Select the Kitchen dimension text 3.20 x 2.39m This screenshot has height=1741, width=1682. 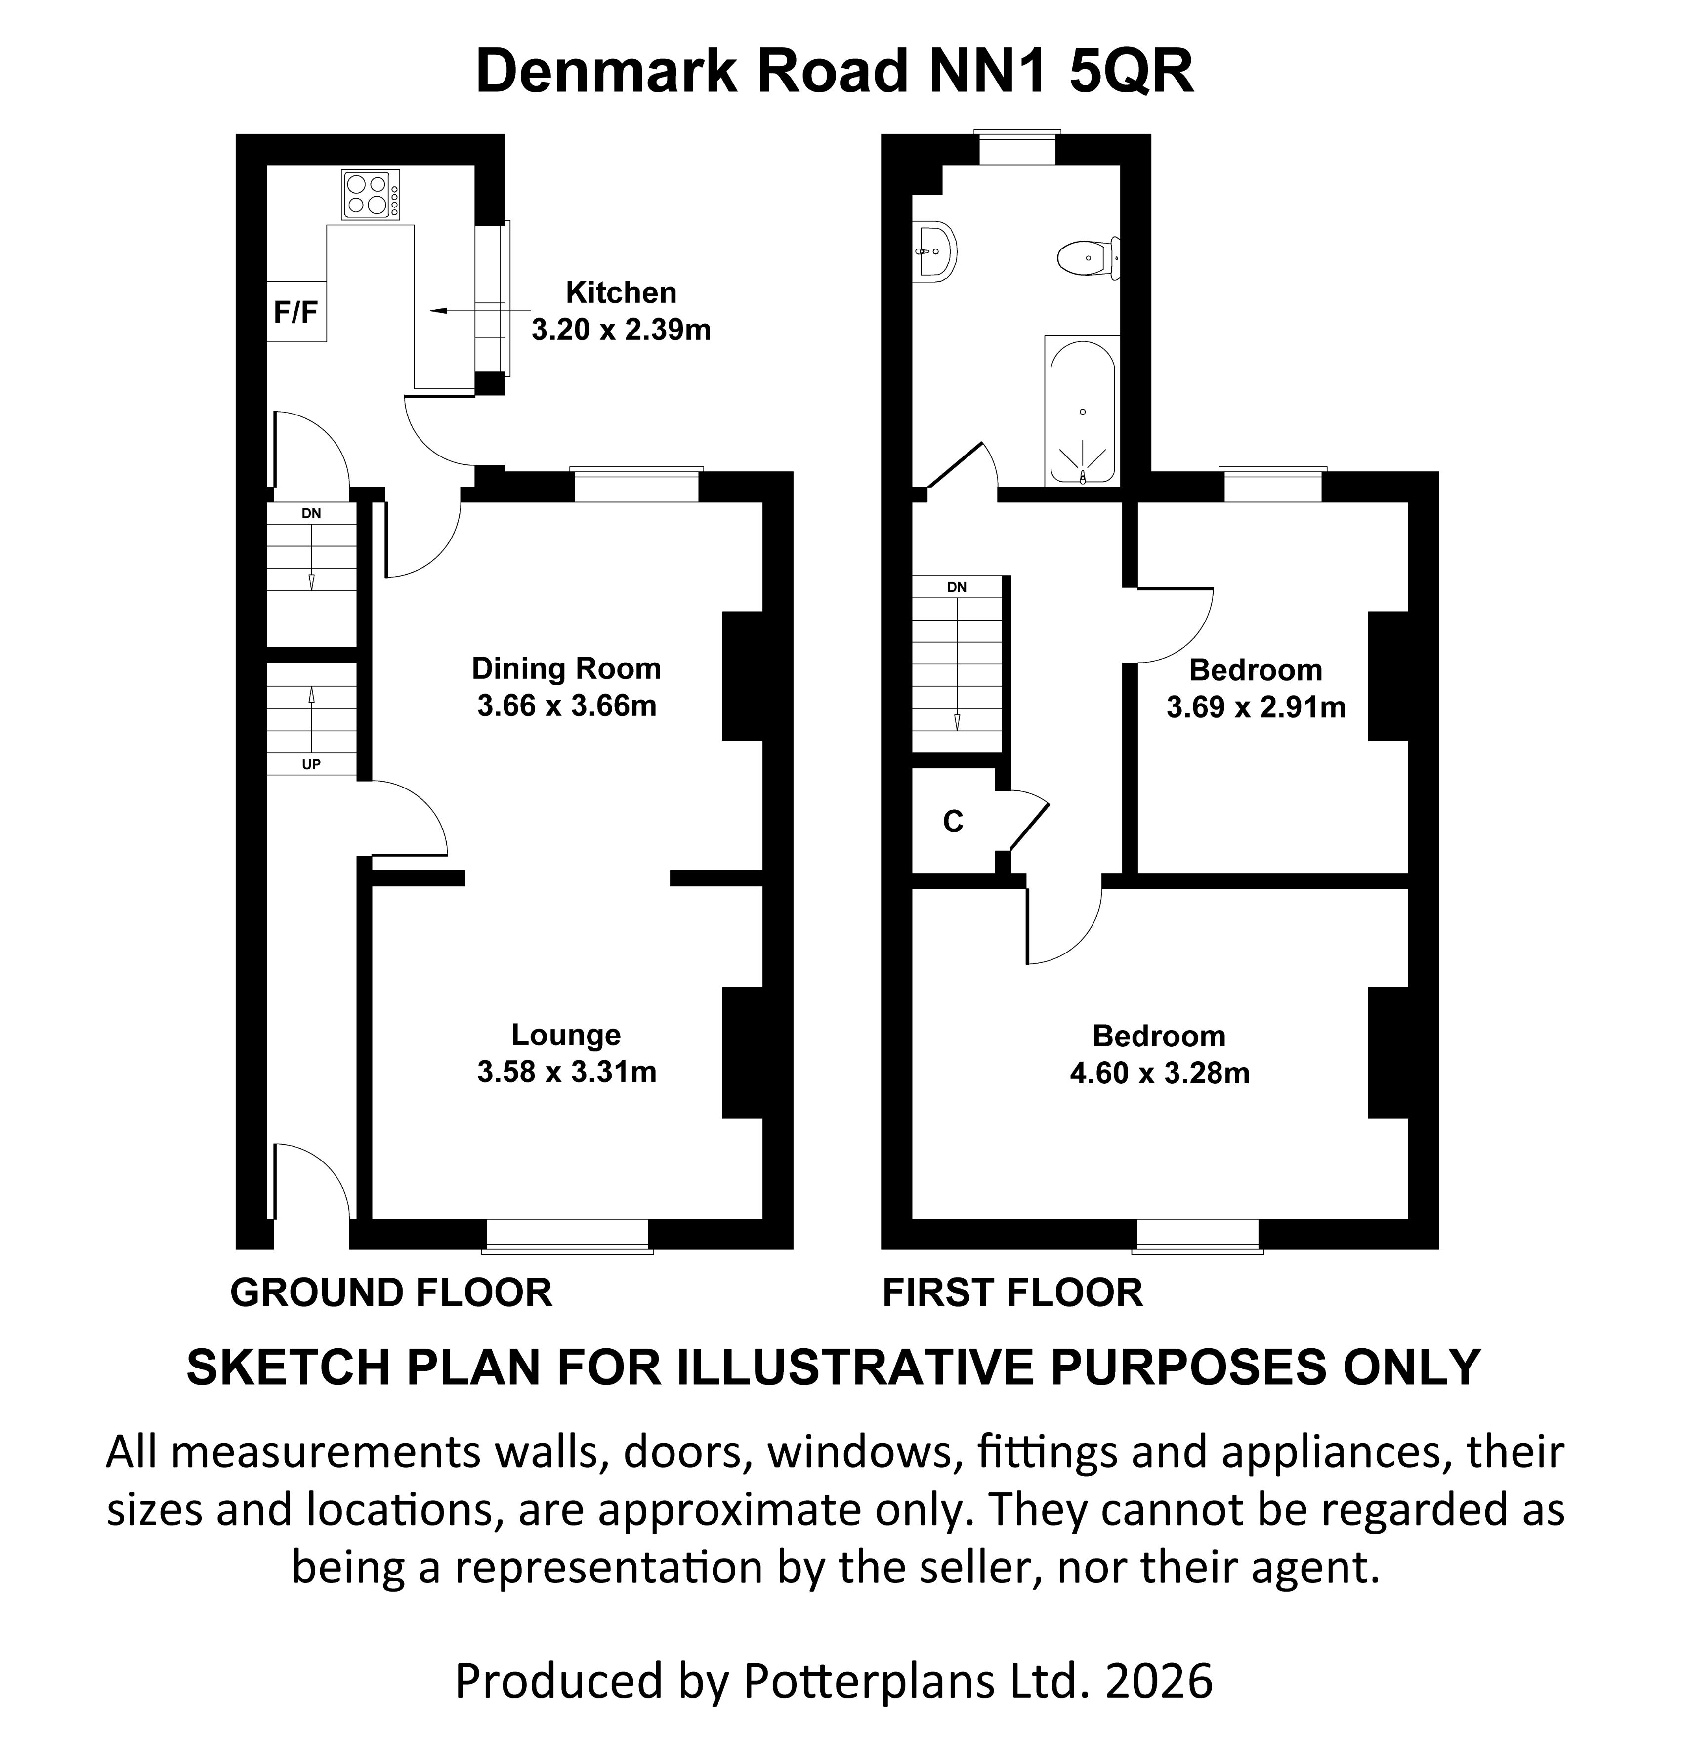click(621, 330)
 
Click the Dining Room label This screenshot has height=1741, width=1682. click(566, 668)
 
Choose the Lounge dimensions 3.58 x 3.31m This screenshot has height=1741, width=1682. click(566, 1071)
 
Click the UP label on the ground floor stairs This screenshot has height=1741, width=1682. click(311, 764)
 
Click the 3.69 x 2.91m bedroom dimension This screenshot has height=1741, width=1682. click(1256, 707)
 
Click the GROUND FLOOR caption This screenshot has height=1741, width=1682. click(391, 1292)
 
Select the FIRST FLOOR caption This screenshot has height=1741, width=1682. click(1012, 1292)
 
